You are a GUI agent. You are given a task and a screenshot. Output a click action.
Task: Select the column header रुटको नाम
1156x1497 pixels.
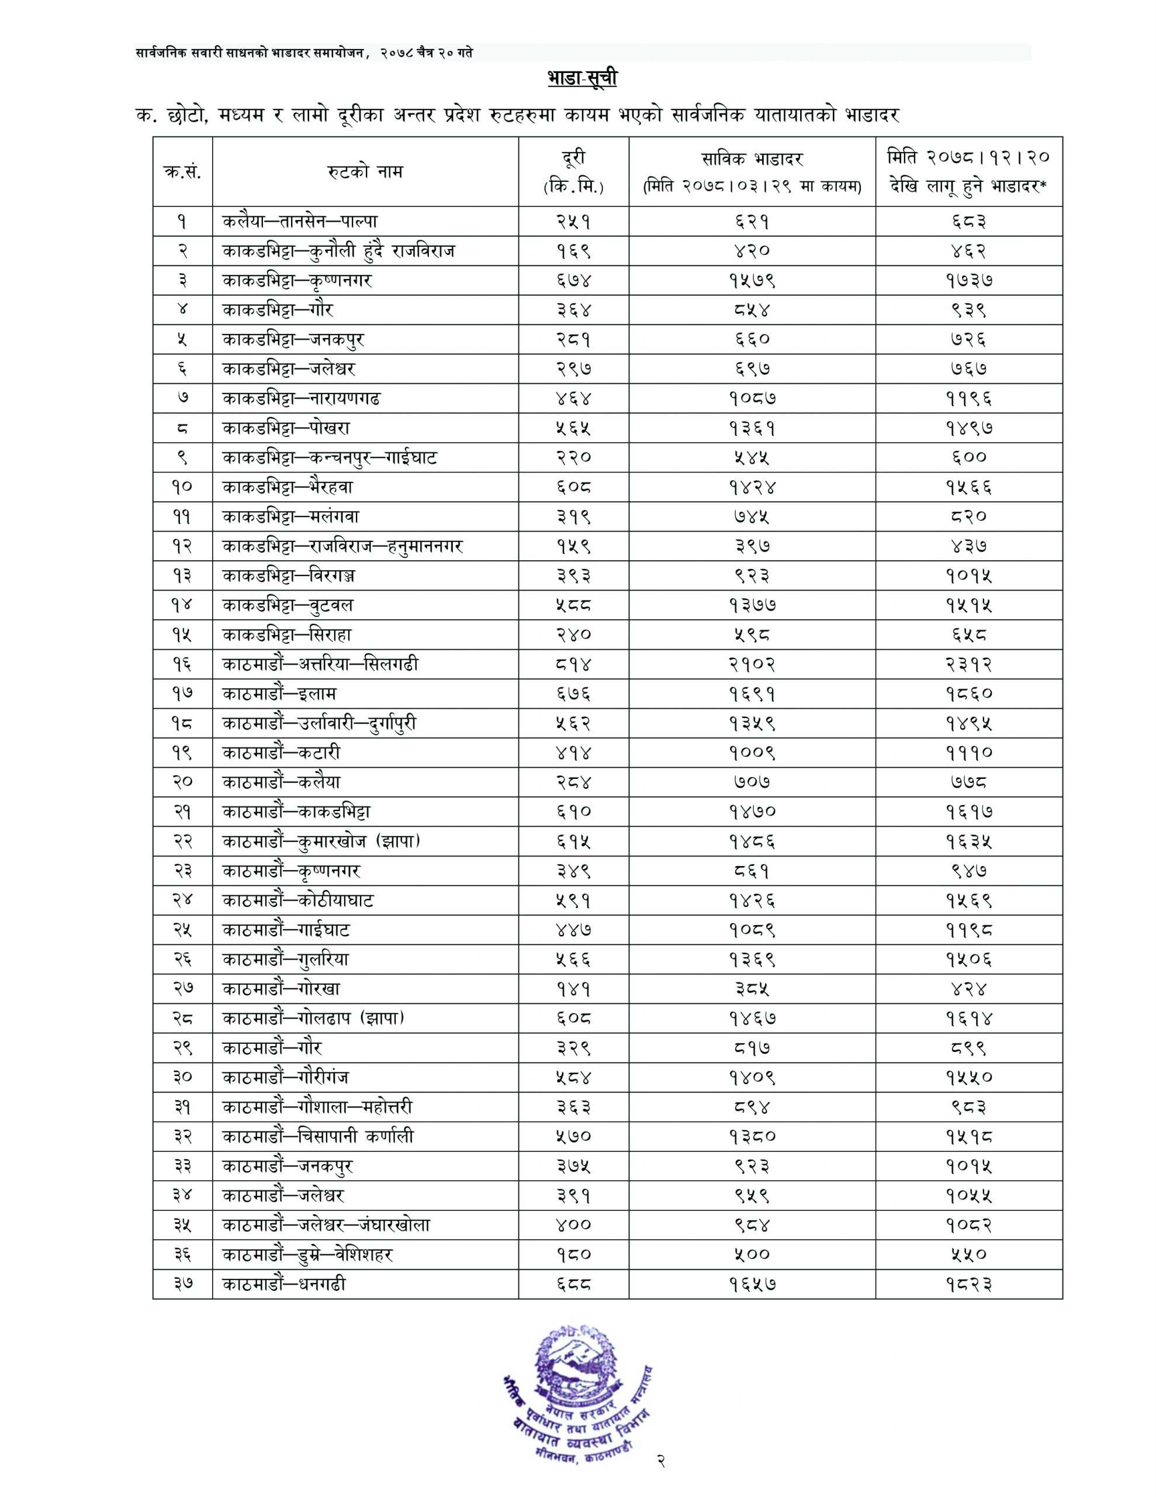[365, 171]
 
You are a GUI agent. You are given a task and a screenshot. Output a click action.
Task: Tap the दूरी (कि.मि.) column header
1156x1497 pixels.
[573, 171]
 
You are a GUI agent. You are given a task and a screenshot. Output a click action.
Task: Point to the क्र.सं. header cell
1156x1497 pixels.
[182, 171]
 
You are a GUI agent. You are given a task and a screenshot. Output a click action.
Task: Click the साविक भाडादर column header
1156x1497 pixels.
[752, 171]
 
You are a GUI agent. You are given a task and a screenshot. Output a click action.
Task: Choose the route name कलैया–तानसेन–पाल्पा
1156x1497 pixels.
[299, 222]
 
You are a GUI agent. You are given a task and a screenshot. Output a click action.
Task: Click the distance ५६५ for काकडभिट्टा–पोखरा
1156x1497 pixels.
[573, 429]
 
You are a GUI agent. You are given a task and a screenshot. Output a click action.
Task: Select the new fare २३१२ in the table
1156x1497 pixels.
[968, 664]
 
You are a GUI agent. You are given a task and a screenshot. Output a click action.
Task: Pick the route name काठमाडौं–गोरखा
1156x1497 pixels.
[281, 989]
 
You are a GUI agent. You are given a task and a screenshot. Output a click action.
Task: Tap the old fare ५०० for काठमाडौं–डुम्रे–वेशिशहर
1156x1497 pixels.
[752, 1255]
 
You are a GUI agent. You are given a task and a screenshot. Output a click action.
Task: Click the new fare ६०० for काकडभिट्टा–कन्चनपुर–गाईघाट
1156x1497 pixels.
[968, 458]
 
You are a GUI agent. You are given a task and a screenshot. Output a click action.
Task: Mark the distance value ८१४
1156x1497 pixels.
[573, 664]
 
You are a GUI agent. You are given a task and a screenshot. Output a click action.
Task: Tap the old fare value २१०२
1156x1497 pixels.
[752, 664]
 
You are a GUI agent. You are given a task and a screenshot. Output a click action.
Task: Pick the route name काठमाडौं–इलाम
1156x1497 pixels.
[279, 694]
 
